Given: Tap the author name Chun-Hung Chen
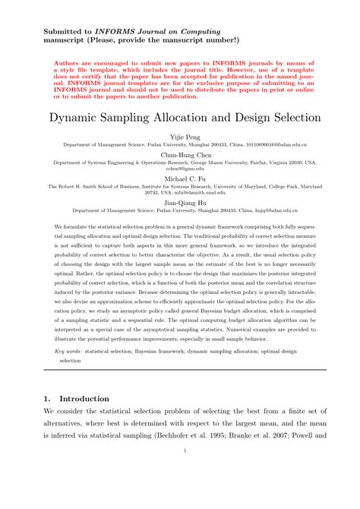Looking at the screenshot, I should [x=180, y=154].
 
